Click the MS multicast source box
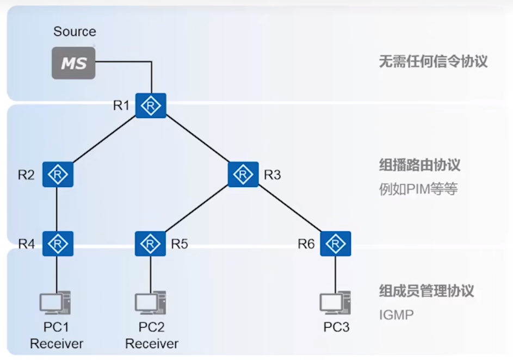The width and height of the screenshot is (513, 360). coord(73,63)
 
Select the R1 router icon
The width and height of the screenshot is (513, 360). coord(151,106)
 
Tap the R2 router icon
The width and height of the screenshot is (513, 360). coord(58,175)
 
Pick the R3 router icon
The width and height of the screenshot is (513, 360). coord(243,175)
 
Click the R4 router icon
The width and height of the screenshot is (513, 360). coord(58,244)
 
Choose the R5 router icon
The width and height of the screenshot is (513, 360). coord(151,244)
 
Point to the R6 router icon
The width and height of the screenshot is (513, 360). coord(335,244)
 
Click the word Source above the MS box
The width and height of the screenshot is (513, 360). coord(75,32)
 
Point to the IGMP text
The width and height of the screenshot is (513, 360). coord(396,314)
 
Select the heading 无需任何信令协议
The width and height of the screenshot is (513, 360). coord(433,61)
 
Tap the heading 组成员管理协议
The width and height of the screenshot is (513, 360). coord(427,290)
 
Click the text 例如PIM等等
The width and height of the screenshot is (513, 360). coord(418,189)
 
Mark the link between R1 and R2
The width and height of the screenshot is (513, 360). coord(104,140)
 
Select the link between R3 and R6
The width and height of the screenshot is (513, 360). coord(289,209)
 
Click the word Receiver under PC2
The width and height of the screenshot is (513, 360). coord(152,344)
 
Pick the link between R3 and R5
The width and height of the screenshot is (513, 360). coord(196,209)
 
